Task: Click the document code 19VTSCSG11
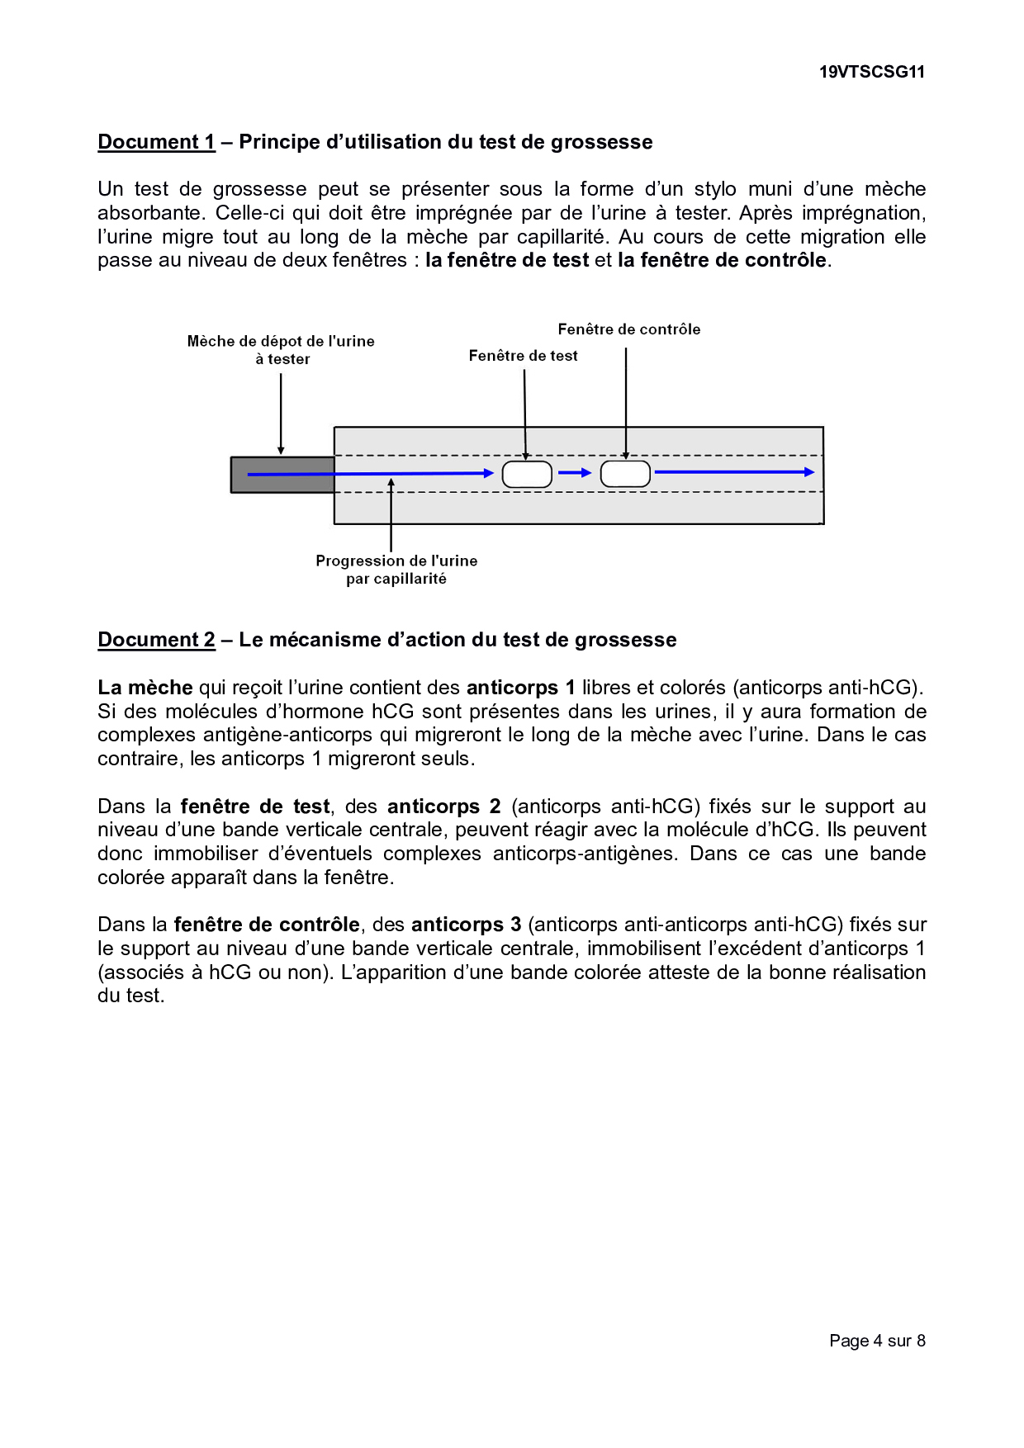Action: (871, 72)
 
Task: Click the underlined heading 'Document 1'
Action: (156, 142)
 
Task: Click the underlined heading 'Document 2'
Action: (156, 640)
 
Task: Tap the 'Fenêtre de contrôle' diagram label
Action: (628, 329)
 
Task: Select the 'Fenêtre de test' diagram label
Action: (523, 356)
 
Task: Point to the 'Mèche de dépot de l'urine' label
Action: (281, 342)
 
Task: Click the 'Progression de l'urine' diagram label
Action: (396, 561)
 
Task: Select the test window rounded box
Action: (527, 475)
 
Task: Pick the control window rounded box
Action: (625, 474)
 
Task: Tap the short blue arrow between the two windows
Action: (575, 473)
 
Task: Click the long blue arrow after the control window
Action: (733, 472)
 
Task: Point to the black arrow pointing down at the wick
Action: (281, 413)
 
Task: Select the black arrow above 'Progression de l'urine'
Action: (391, 515)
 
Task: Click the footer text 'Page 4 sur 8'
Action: (877, 1341)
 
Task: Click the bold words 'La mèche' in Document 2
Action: (145, 688)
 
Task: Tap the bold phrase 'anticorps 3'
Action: (466, 925)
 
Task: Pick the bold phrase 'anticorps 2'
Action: (443, 807)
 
